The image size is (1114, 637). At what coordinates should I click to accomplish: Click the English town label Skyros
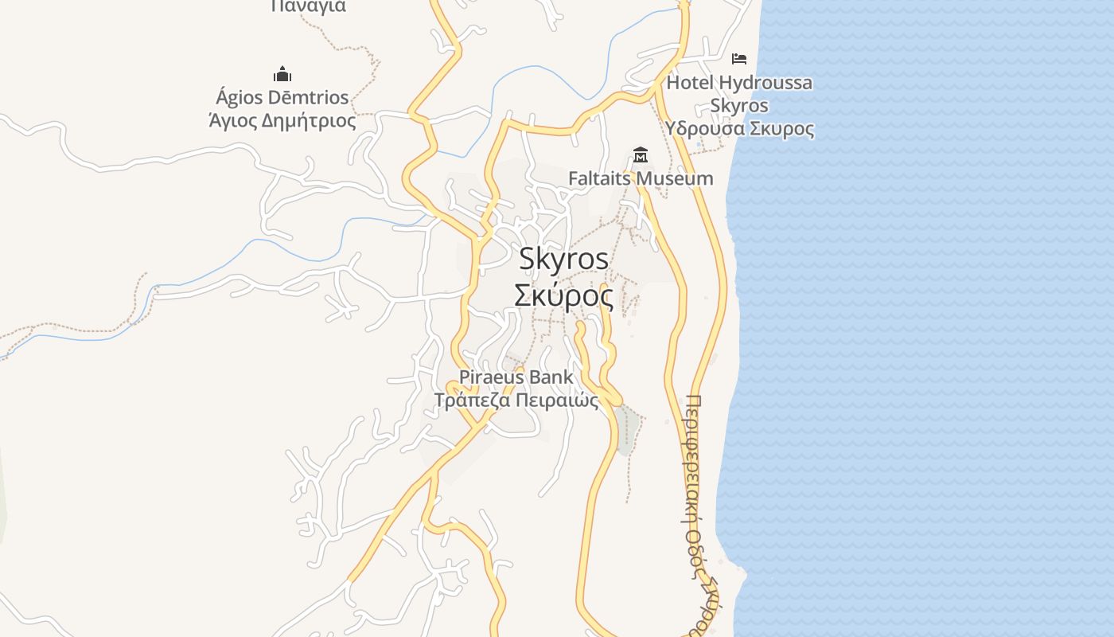point(564,259)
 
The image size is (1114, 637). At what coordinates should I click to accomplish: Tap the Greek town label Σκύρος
point(564,296)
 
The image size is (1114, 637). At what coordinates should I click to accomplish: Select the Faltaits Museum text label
point(641,178)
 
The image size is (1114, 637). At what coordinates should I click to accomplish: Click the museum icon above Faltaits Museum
point(640,154)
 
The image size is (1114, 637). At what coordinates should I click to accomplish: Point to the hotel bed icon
point(739,58)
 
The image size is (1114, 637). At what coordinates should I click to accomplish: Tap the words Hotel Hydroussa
point(739,83)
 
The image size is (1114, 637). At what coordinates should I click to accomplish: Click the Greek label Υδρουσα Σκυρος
point(739,129)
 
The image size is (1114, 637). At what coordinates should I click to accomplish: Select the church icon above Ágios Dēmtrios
point(282,75)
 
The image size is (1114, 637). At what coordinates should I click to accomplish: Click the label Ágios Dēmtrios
point(282,98)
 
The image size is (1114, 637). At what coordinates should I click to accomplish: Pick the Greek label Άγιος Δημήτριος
point(282,121)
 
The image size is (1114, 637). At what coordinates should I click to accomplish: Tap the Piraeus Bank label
point(516,377)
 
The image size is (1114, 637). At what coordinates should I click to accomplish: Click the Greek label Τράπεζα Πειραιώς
point(516,400)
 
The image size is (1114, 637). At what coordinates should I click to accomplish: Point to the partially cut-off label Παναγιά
point(309,6)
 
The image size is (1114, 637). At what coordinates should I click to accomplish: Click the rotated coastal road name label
point(695,510)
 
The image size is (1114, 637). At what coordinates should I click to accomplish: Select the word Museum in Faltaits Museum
point(676,178)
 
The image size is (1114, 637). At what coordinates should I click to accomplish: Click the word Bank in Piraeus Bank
point(551,377)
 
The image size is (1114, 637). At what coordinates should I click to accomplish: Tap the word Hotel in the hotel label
point(690,83)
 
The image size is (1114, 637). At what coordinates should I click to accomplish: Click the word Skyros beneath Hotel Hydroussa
point(739,106)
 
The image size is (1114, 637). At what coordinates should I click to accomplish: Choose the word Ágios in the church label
point(239,98)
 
